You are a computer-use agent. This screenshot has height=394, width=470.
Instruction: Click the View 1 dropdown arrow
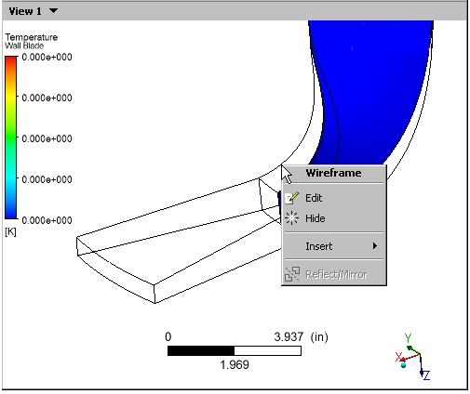pyautogui.click(x=53, y=11)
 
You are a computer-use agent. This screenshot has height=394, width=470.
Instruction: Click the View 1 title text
pyautogui.click(x=25, y=11)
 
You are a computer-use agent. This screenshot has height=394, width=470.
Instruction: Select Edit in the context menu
pyautogui.click(x=314, y=198)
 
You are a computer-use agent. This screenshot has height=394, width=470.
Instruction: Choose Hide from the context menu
pyautogui.click(x=316, y=218)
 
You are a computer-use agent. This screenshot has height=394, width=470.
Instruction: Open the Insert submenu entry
pyautogui.click(x=319, y=246)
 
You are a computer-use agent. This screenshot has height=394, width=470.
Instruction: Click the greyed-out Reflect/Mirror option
pyautogui.click(x=336, y=274)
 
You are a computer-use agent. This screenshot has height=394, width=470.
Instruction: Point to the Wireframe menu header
pyautogui.click(x=333, y=173)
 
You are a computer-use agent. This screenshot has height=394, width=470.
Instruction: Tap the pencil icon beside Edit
pyautogui.click(x=291, y=198)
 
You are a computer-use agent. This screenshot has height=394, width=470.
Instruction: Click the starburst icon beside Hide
pyautogui.click(x=291, y=218)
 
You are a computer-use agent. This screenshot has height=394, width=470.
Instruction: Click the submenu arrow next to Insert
pyautogui.click(x=375, y=246)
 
